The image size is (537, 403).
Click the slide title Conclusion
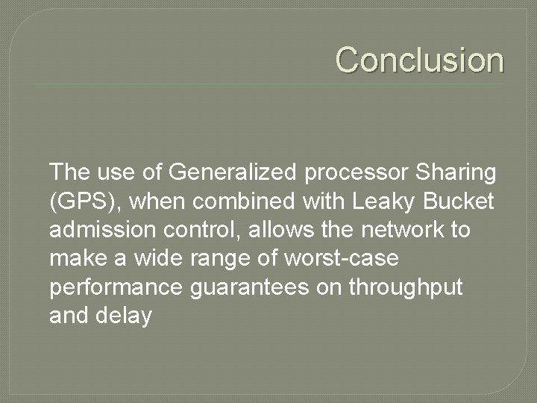(x=419, y=59)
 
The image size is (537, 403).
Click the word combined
(x=262, y=201)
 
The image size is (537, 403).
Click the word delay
(x=124, y=314)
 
